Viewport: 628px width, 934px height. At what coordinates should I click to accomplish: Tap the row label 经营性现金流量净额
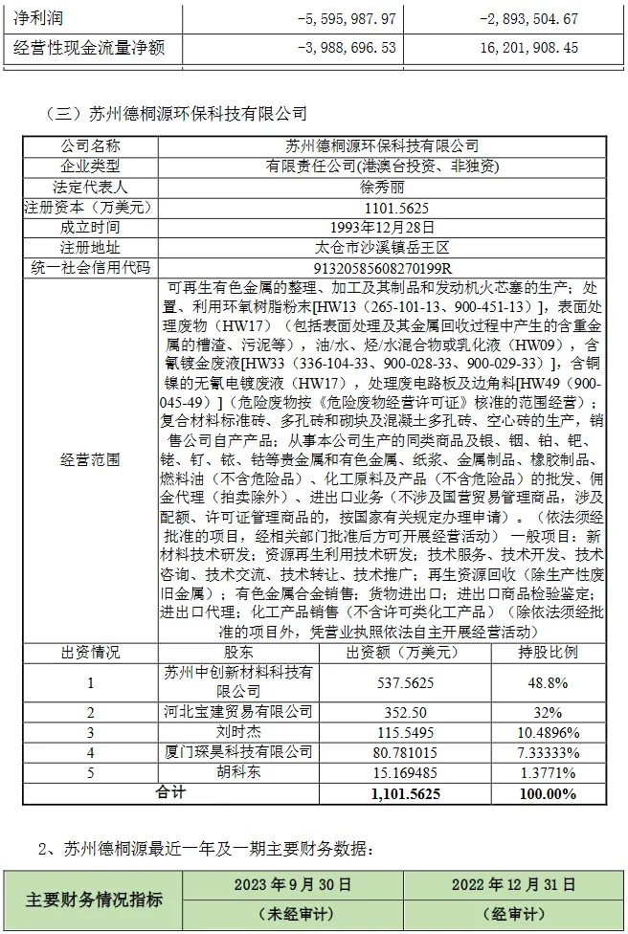click(87, 47)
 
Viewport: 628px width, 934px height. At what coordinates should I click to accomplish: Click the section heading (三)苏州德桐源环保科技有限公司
click(176, 114)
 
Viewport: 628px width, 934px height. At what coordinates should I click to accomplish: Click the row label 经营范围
click(91, 459)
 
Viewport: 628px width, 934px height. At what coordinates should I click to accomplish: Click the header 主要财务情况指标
click(94, 900)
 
